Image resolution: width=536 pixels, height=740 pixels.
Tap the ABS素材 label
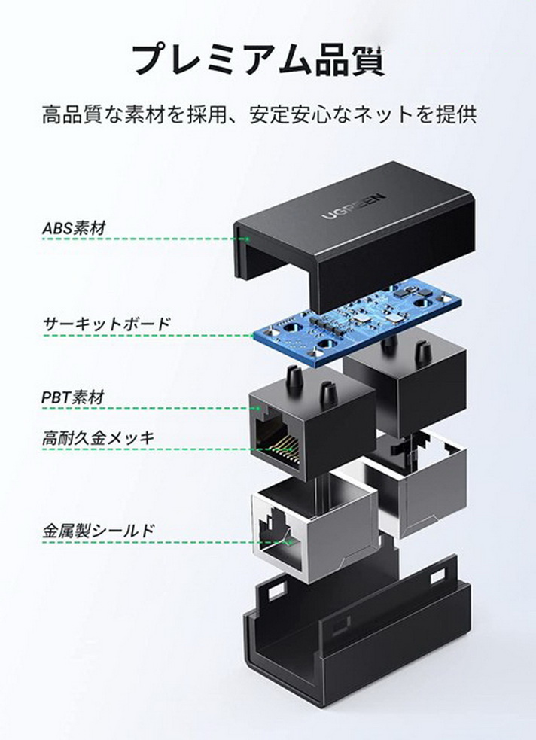[x=74, y=227]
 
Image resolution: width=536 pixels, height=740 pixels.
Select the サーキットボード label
[x=106, y=324]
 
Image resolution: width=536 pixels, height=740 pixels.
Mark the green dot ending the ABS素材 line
[x=248, y=239]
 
